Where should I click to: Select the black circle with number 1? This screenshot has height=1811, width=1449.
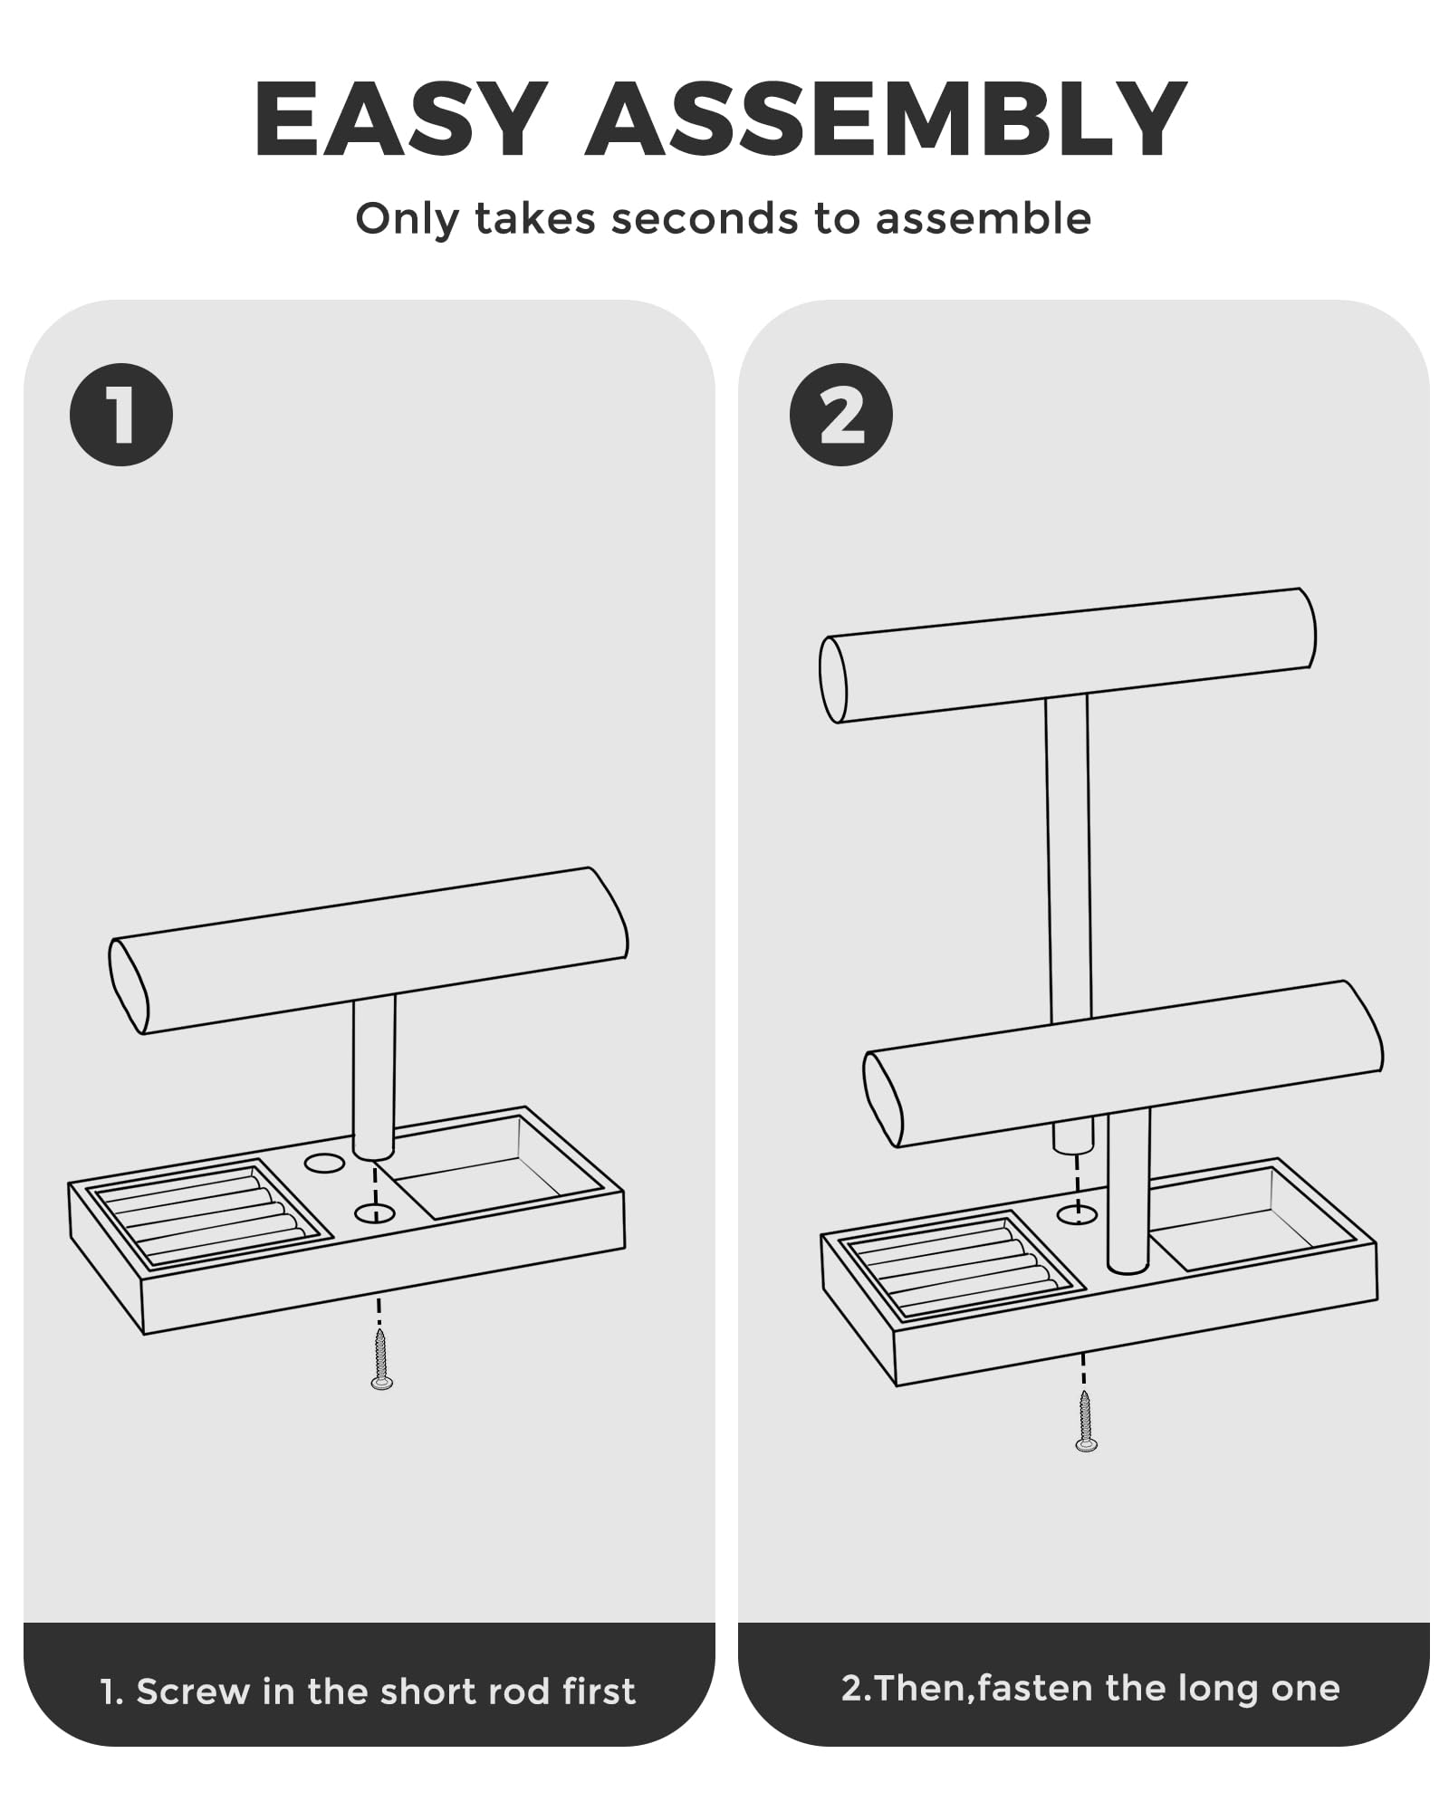pyautogui.click(x=121, y=415)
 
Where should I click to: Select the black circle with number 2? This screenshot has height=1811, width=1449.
pyautogui.click(x=841, y=415)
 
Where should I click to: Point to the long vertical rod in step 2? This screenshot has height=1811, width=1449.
pyautogui.click(x=1068, y=860)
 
